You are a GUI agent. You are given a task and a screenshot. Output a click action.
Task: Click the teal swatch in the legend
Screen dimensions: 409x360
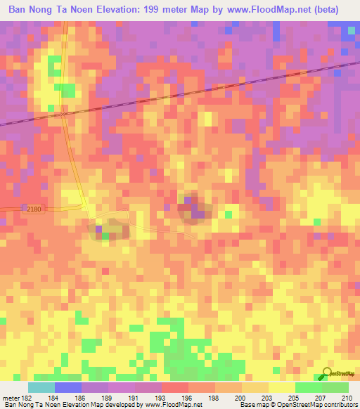(x=41, y=387)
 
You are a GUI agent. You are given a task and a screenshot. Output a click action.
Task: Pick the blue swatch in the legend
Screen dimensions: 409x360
(x=68, y=387)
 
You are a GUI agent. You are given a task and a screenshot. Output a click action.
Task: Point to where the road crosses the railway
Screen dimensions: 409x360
(x=63, y=112)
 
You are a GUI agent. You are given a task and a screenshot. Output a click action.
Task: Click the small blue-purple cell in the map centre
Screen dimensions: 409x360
(x=200, y=213)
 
